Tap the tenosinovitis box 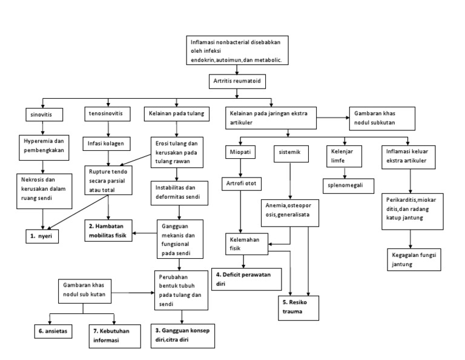107,113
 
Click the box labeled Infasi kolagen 107,144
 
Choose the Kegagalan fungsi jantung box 414,259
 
